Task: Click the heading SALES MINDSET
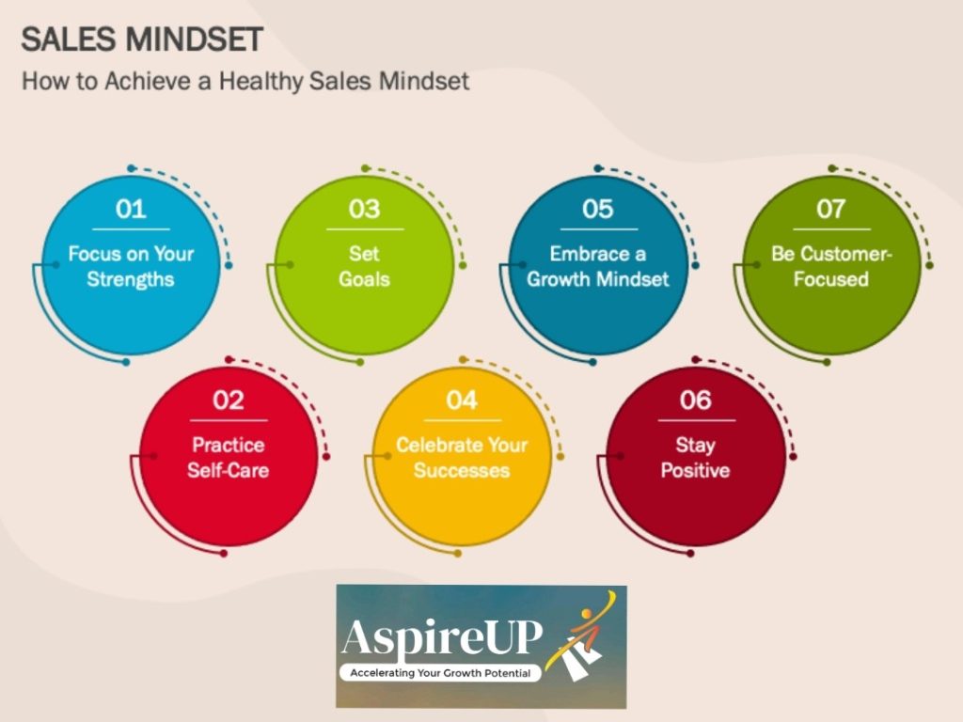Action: coord(142,39)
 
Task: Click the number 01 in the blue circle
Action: coord(131,209)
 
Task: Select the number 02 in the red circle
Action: coord(229,400)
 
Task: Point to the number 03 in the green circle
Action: coord(364,209)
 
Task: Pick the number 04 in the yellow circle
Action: coord(462,400)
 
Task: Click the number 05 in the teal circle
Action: coord(598,209)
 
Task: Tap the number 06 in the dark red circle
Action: coord(696,400)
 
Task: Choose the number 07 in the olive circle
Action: coord(831,209)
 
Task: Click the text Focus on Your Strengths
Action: coord(131,266)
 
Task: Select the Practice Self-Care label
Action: coord(229,457)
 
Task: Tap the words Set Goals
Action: coord(364,266)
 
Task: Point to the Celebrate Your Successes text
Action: coord(462,457)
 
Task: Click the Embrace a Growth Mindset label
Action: coord(598,266)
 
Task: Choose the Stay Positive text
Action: coord(696,457)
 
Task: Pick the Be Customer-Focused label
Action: coord(831,266)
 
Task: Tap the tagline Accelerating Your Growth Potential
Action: coord(440,673)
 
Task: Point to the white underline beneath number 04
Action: coord(462,419)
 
